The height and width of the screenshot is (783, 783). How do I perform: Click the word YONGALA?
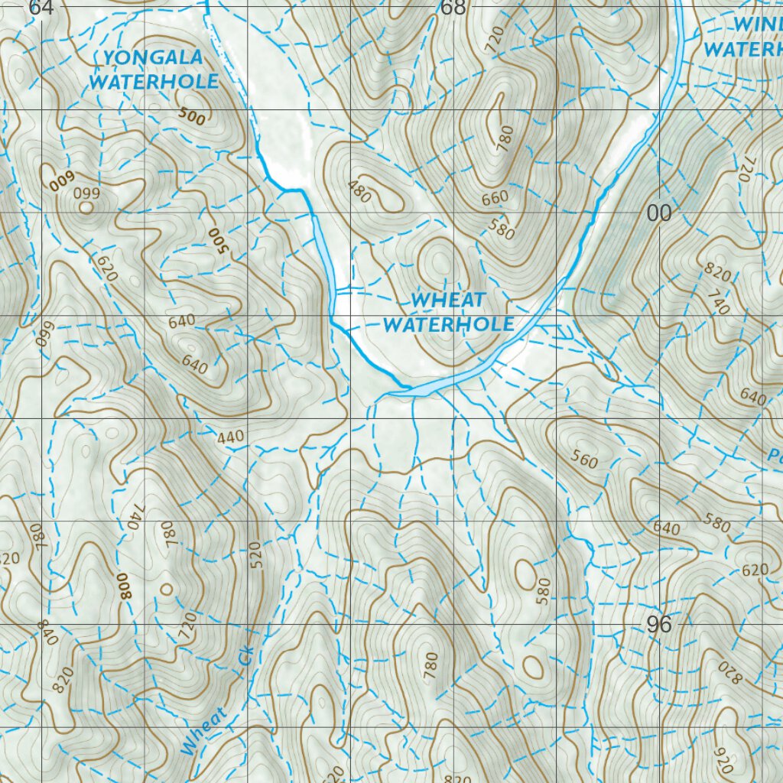click(x=154, y=57)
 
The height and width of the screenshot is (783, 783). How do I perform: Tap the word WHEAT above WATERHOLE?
click(x=448, y=300)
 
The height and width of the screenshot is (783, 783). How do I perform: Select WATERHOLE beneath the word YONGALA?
click(x=154, y=81)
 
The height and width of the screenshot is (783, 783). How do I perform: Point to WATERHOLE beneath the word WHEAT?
click(x=448, y=324)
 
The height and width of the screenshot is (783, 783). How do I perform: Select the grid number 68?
click(x=453, y=8)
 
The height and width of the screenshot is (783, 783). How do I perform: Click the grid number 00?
click(x=658, y=213)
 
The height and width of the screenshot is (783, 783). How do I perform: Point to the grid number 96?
click(x=658, y=625)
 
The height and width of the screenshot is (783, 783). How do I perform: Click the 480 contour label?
click(x=359, y=191)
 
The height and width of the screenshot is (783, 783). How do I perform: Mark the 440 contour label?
click(x=230, y=437)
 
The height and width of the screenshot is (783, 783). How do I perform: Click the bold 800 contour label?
click(x=124, y=586)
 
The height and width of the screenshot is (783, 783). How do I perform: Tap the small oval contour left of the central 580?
click(x=525, y=571)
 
